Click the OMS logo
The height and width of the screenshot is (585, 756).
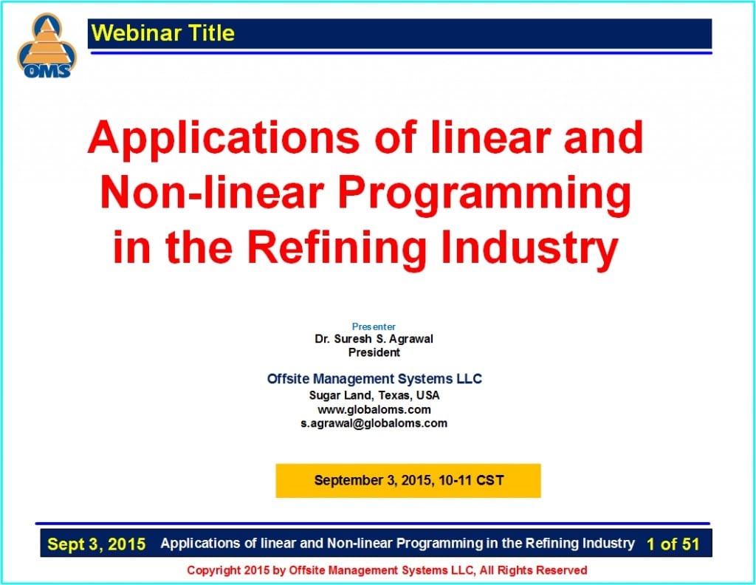click(x=47, y=47)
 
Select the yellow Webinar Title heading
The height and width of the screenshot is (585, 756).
click(x=163, y=33)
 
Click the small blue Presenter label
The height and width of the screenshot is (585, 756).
click(x=374, y=326)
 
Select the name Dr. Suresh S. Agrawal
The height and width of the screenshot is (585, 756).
click(x=374, y=339)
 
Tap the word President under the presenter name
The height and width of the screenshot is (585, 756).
click(x=374, y=352)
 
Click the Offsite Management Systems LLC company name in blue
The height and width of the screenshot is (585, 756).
click(x=374, y=379)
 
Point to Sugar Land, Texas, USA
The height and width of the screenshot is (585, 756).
click(x=374, y=395)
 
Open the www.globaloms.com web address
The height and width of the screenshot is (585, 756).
click(x=374, y=409)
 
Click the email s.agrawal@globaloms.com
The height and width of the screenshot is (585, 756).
click(x=374, y=423)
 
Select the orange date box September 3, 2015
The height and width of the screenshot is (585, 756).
click(x=408, y=480)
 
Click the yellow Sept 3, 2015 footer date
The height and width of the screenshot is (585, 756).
click(x=97, y=545)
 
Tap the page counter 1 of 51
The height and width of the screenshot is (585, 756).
click(x=672, y=544)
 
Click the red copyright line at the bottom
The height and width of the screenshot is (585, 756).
click(x=387, y=570)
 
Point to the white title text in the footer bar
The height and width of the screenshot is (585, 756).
click(x=397, y=544)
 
